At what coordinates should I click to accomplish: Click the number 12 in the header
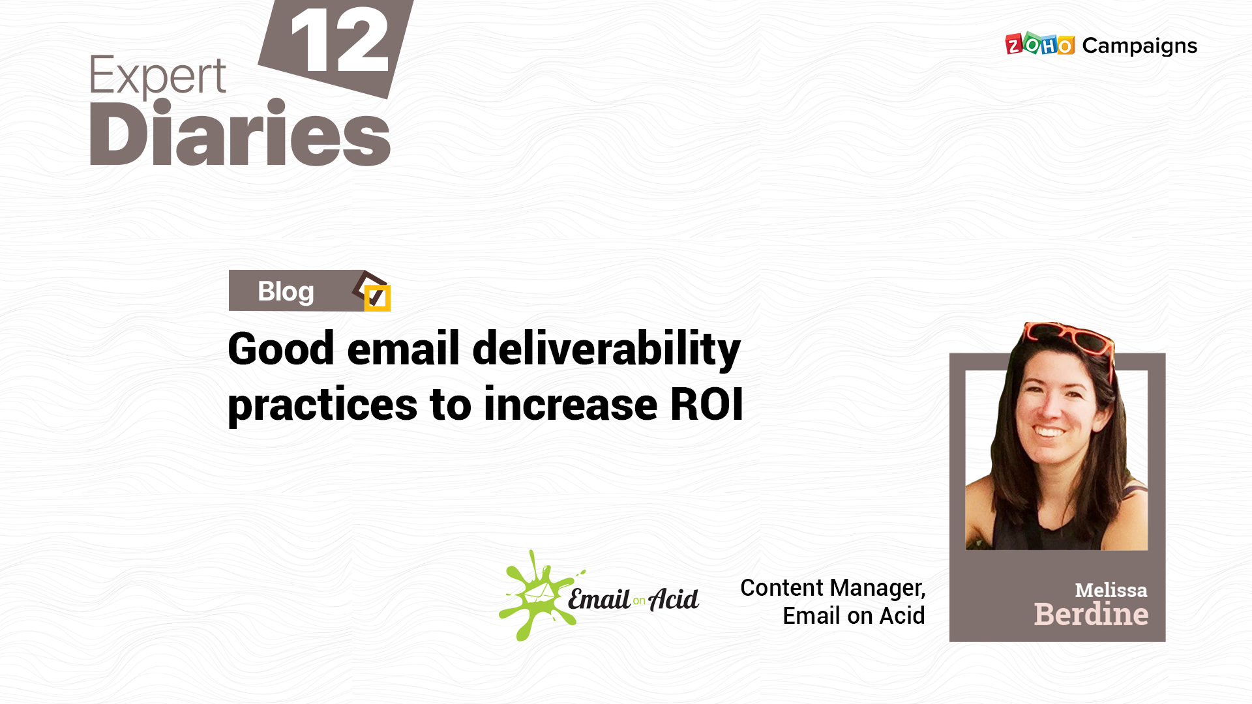point(340,40)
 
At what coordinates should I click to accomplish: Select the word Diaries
point(240,133)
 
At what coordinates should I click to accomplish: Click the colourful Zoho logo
point(1039,44)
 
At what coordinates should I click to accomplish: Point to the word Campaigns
point(1139,46)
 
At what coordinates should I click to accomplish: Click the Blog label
point(286,291)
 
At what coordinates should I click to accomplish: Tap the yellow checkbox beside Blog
point(377,298)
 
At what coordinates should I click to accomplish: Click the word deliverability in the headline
point(606,349)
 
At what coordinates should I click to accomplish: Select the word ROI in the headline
point(707,404)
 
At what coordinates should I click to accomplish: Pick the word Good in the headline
point(281,349)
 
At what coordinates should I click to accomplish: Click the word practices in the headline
point(323,406)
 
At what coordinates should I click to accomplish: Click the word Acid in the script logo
point(674,598)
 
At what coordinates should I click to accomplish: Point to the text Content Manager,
point(833,589)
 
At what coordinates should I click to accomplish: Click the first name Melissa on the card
point(1110,591)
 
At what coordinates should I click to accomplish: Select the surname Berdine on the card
point(1091,615)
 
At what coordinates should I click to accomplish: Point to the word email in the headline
point(404,349)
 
